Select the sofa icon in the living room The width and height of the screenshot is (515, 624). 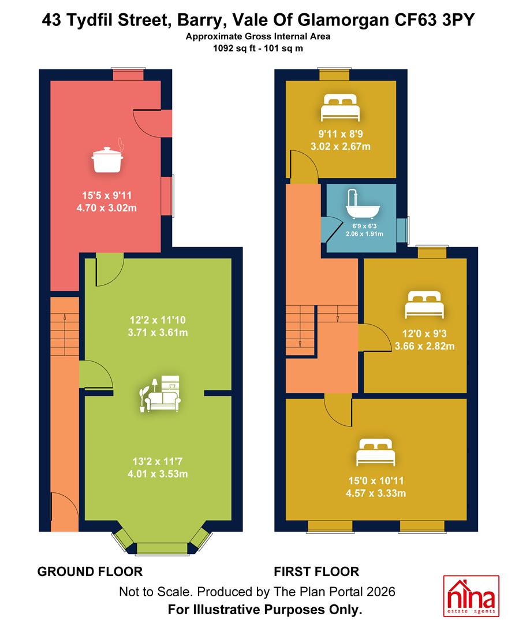point(160,393)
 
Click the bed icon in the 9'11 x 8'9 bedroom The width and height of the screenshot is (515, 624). point(341,107)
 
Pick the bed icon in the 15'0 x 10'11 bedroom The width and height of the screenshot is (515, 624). point(376,452)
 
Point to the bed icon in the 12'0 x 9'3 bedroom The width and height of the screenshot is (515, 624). point(424,305)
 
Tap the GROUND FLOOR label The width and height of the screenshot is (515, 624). point(90,571)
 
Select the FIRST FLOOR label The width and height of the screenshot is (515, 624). point(316,571)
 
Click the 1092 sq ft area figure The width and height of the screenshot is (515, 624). point(233,49)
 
